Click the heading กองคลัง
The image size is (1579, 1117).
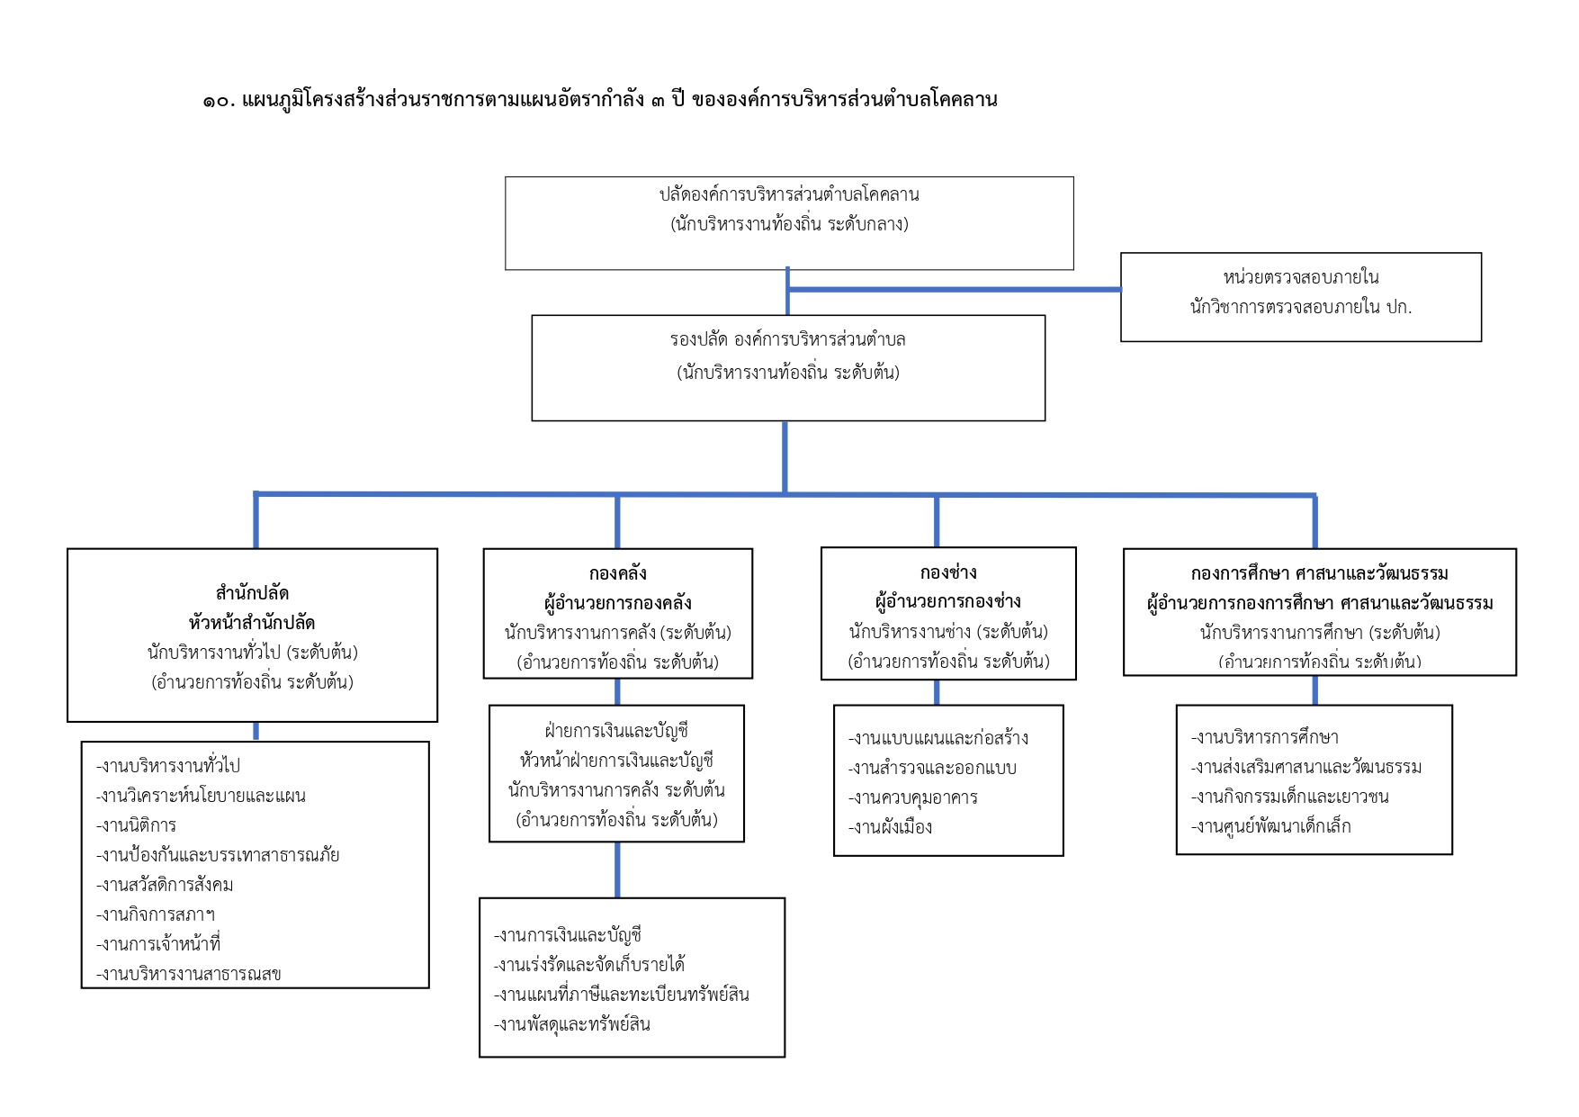[x=617, y=573]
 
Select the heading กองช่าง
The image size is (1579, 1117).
[x=947, y=572]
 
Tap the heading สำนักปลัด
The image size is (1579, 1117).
[x=252, y=593]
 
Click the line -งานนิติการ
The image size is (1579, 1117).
[x=136, y=825]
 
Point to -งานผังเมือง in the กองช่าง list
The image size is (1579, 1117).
[x=890, y=827]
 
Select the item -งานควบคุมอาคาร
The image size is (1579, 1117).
[x=912, y=797]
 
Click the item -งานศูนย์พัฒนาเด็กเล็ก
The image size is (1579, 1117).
[x=1270, y=826]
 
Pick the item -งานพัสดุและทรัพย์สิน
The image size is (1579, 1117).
[x=571, y=1024]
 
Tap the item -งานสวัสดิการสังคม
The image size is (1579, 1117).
[x=165, y=885]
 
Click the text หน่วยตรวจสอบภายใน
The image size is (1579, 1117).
[x=1300, y=277]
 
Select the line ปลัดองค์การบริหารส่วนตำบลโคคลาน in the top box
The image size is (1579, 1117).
[x=789, y=194]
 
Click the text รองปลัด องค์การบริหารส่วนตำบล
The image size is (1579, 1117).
[x=787, y=340]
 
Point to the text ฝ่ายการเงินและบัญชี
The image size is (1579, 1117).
[x=616, y=731]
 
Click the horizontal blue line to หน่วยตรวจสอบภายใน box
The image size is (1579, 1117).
[x=954, y=290]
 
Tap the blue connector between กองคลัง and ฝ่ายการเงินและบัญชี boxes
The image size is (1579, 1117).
[x=617, y=691]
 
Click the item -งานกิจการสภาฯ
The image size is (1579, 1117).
[x=156, y=914]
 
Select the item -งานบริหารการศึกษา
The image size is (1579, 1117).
[x=1264, y=737]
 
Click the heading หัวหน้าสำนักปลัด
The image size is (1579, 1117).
[x=252, y=623]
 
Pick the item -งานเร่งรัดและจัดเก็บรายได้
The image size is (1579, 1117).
[x=588, y=965]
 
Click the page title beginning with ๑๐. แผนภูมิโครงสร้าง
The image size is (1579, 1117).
[x=599, y=100]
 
